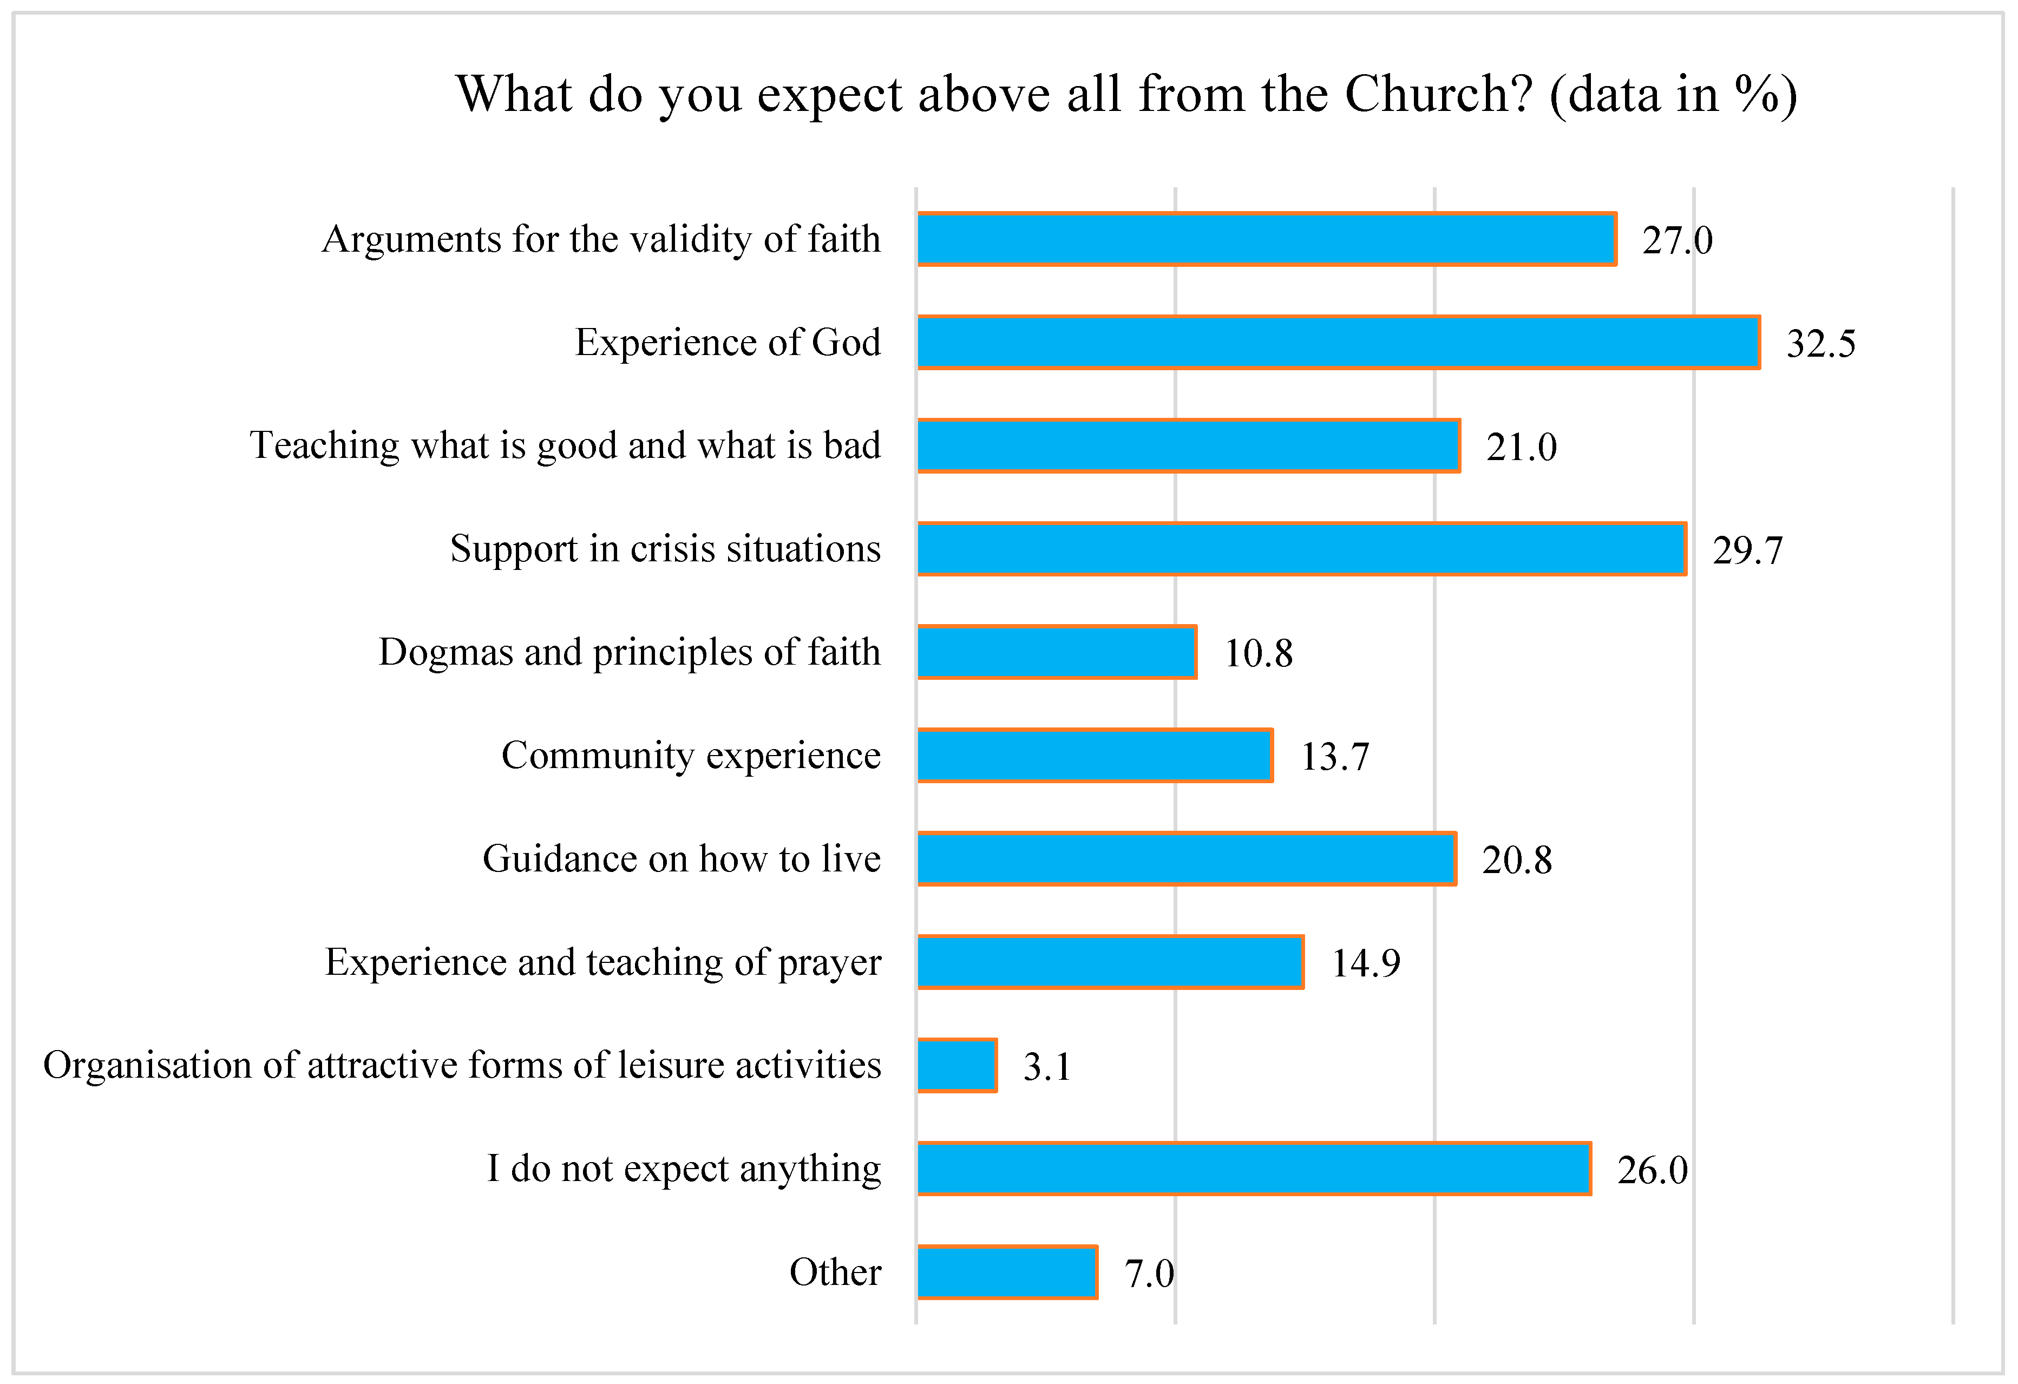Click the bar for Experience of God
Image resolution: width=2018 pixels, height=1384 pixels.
1337,342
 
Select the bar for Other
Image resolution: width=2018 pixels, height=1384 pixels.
1007,1272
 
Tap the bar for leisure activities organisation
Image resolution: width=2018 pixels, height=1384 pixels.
957,1065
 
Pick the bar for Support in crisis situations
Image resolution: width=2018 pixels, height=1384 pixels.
1301,549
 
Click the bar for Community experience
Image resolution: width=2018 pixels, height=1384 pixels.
1094,756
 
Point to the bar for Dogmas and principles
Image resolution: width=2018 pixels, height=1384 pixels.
1057,652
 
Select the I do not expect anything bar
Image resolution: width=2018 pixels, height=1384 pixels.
1253,1169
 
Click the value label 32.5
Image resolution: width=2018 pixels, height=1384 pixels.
1820,344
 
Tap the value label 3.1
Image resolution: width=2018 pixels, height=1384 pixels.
1046,1067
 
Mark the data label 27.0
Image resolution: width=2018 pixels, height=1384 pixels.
1677,240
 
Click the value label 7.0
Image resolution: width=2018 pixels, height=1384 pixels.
1148,1274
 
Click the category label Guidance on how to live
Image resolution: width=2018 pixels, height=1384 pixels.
682,858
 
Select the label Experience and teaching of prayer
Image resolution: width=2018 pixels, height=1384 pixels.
602,962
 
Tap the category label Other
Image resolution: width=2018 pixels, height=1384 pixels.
835,1272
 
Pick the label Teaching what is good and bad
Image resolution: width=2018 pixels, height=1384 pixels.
565,445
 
